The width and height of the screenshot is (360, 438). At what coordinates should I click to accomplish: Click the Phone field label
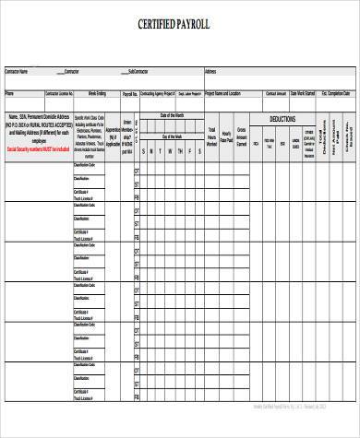(x=10, y=93)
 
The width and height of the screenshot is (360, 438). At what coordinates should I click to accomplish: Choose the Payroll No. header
(x=130, y=94)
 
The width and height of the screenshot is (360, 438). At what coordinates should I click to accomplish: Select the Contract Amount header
(x=276, y=93)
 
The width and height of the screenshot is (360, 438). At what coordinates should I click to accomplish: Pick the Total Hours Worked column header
(x=211, y=137)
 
